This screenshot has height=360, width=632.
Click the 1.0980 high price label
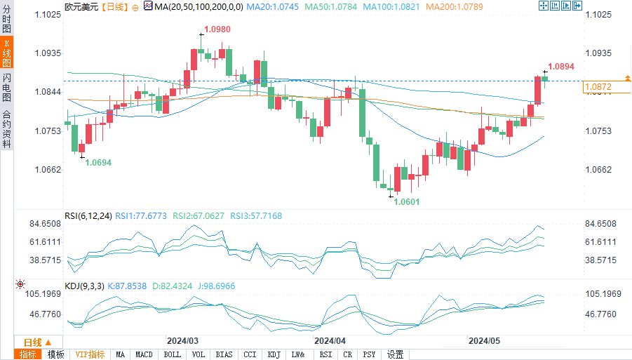point(217,29)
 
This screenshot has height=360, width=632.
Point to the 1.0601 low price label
point(406,202)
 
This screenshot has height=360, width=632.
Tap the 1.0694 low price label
point(99,162)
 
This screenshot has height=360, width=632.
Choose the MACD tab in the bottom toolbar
point(144,354)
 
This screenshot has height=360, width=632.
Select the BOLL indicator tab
point(172,354)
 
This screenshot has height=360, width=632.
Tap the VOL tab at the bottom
point(199,354)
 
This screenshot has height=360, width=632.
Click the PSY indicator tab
point(369,354)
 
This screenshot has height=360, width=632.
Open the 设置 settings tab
point(396,354)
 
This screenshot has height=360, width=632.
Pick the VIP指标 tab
point(90,354)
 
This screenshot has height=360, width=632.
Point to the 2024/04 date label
point(330,340)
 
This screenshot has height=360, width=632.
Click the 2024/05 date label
point(484,340)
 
